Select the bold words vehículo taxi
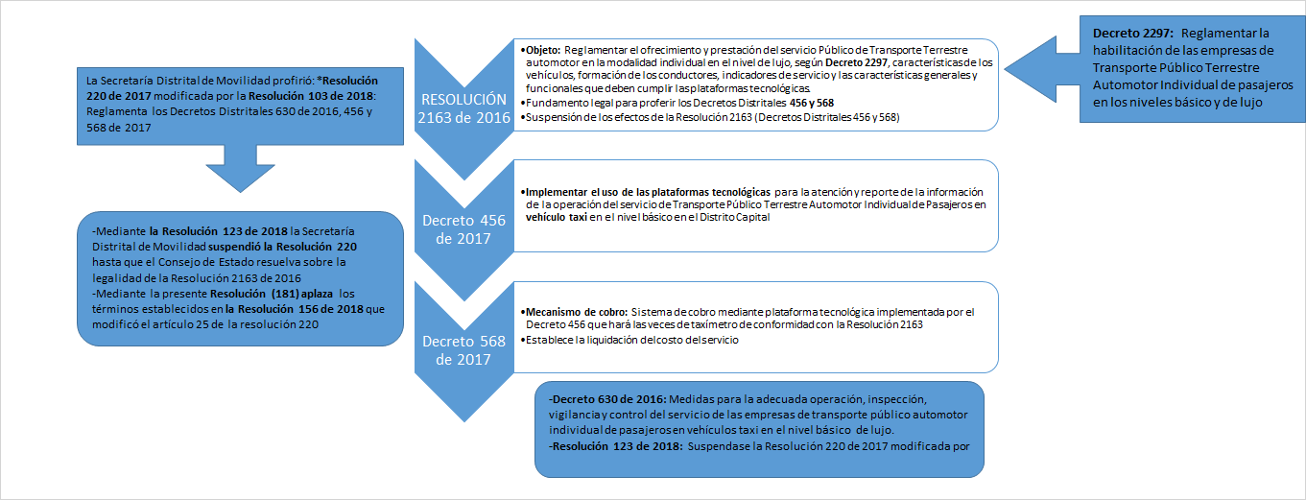click(556, 217)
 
